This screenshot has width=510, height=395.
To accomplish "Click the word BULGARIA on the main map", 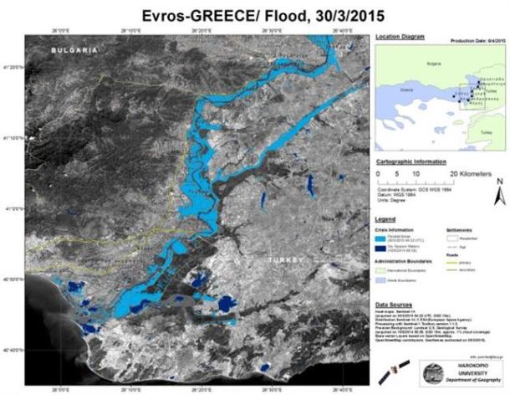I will point(74,51).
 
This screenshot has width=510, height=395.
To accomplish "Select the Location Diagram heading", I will point(400,38).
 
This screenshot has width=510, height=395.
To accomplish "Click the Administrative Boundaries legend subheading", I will point(410,261).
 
